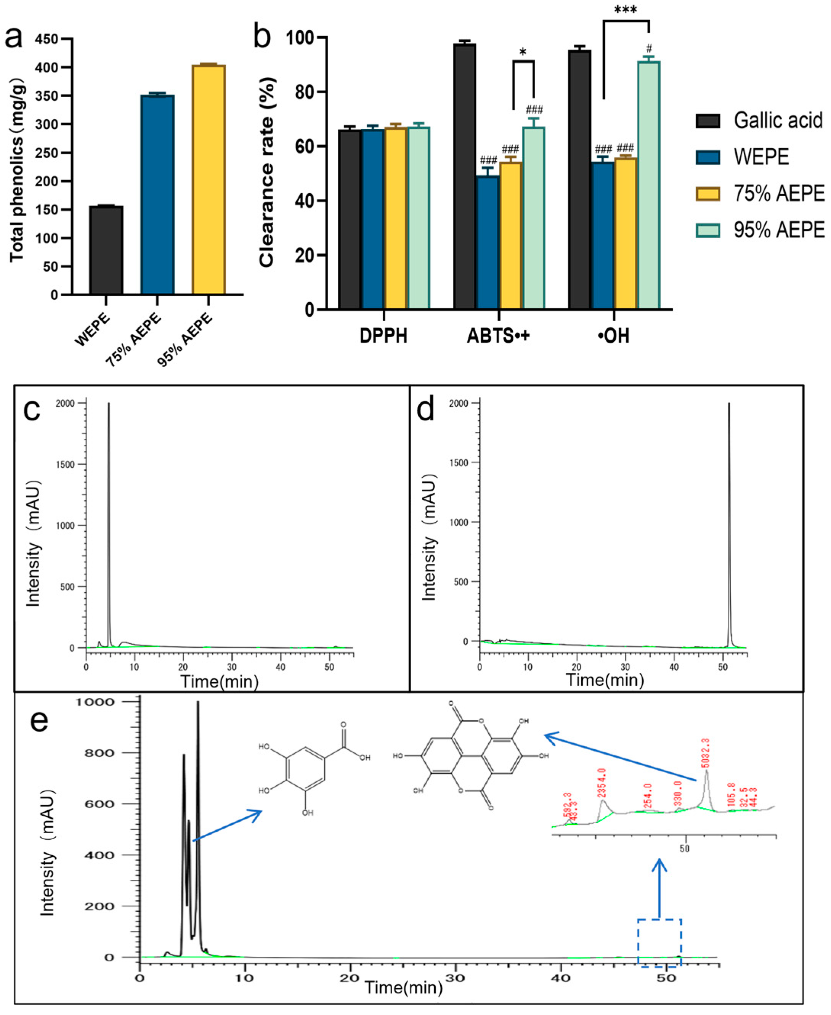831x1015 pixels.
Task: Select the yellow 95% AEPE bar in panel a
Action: coord(208,180)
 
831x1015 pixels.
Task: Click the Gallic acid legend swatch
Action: coord(707,120)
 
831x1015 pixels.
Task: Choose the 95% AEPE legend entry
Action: coord(778,230)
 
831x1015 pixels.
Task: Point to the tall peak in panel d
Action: coord(729,526)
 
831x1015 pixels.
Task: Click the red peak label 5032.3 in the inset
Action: coord(706,753)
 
